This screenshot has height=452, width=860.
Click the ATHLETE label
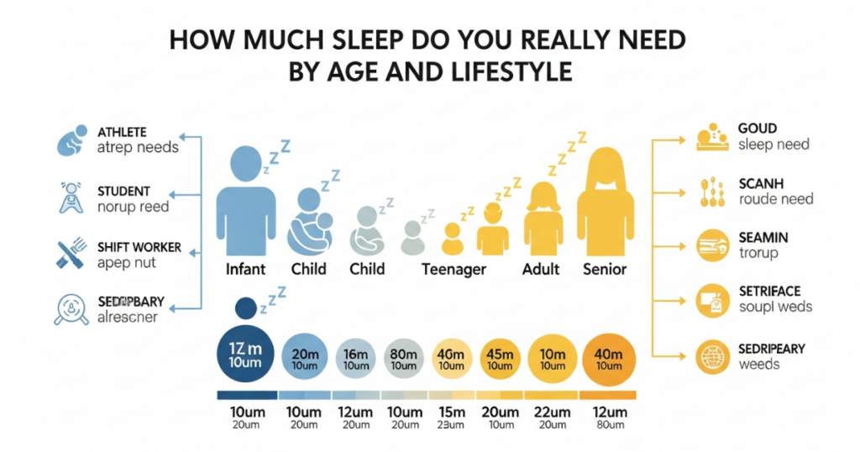point(122,132)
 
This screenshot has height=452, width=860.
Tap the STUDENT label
point(123,192)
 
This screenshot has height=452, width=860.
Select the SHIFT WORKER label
point(139,248)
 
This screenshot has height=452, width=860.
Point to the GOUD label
point(758,129)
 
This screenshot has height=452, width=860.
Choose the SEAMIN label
point(763,238)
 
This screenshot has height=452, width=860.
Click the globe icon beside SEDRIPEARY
point(711,356)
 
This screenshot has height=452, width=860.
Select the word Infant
point(246,269)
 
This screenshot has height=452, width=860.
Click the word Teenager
point(454,269)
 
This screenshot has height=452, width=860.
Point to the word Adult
point(542,269)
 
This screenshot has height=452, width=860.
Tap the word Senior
point(605,269)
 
